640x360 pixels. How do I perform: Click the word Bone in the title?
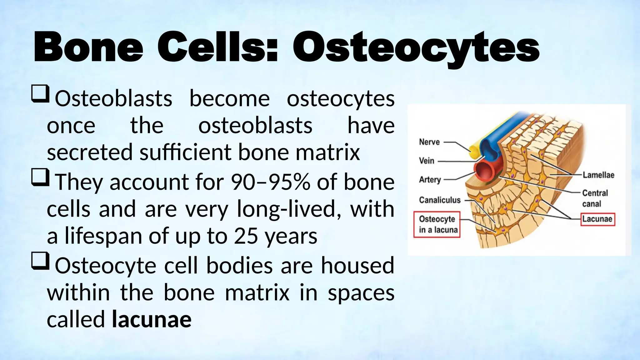(88, 48)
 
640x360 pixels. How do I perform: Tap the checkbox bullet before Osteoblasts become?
(40, 94)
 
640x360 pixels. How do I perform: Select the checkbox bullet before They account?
(40, 177)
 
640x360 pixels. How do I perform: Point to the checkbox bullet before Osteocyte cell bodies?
(40, 261)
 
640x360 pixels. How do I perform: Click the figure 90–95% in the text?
(271, 182)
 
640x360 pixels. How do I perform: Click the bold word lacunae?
(152, 319)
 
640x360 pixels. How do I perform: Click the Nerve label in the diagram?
(429, 142)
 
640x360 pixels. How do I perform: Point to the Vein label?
(427, 161)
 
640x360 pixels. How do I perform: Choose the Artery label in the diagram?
(430, 180)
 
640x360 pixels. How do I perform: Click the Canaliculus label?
(440, 200)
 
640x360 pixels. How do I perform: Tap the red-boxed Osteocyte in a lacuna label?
(437, 224)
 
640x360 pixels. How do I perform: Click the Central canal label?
(595, 198)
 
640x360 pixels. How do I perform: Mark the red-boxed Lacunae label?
(597, 219)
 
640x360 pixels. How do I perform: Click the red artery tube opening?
(484, 171)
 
